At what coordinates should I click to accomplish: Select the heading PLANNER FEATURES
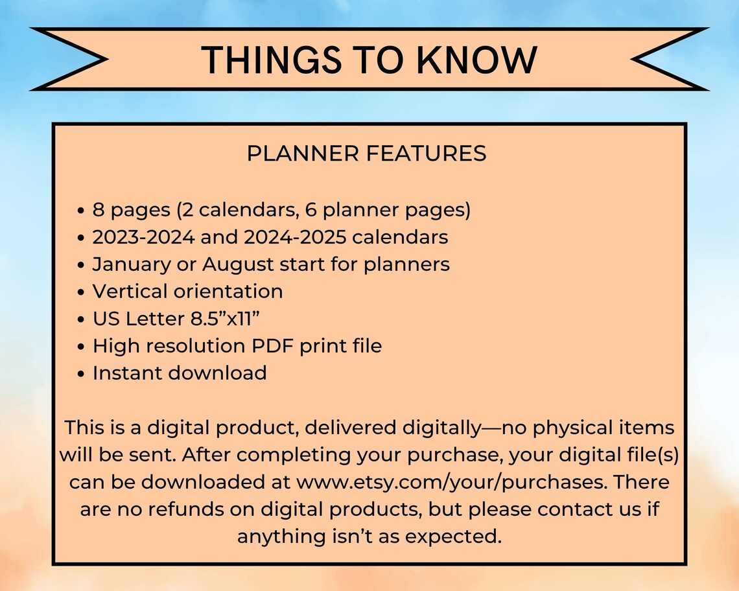[367, 154]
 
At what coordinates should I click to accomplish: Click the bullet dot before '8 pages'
[80, 211]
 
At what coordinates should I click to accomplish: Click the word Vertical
[130, 292]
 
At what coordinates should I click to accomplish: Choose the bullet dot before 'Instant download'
[80, 374]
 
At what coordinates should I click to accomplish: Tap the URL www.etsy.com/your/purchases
[452, 483]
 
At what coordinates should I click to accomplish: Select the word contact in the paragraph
[575, 509]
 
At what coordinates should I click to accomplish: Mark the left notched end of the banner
[65, 60]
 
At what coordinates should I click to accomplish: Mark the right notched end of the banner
[671, 60]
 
